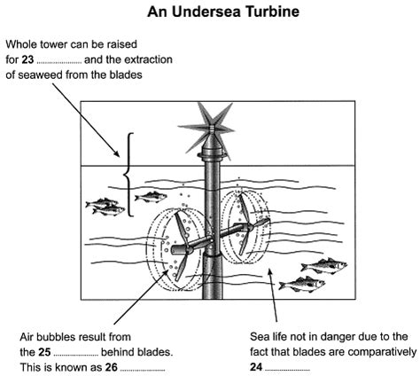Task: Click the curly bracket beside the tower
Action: point(131,174)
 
